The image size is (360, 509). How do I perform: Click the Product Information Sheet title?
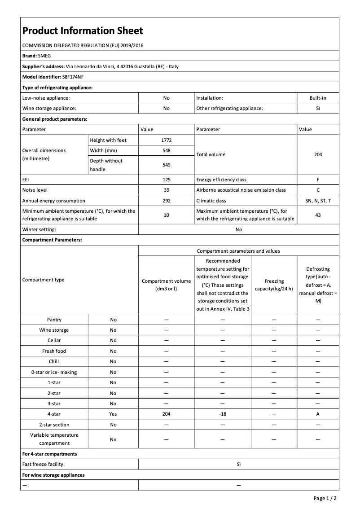pyautogui.click(x=83, y=31)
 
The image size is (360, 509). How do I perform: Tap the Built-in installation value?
pyautogui.click(x=318, y=98)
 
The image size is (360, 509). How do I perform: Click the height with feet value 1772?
pyautogui.click(x=166, y=140)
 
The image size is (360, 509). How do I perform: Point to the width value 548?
pyautogui.click(x=166, y=150)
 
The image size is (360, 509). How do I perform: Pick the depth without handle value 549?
pyautogui.click(x=166, y=165)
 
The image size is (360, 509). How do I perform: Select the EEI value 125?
pyautogui.click(x=166, y=180)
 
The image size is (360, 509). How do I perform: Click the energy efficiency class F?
pyautogui.click(x=318, y=180)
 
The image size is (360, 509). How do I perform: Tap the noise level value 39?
pyautogui.click(x=166, y=190)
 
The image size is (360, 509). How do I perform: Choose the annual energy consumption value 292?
pyautogui.click(x=166, y=201)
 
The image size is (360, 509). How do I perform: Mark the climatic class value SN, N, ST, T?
pyautogui.click(x=318, y=201)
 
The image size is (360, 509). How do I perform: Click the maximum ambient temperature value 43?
pyautogui.click(x=318, y=215)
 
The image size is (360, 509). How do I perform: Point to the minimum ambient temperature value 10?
pyautogui.click(x=166, y=215)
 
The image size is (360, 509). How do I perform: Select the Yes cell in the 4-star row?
pyautogui.click(x=113, y=414)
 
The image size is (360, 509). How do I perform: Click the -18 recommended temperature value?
pyautogui.click(x=222, y=414)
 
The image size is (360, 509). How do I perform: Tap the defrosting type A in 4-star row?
pyautogui.click(x=318, y=414)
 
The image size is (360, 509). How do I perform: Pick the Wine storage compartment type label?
pyautogui.click(x=54, y=330)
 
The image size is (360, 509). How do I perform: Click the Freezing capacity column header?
pyautogui.click(x=274, y=285)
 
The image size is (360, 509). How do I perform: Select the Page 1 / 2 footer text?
pyautogui.click(x=325, y=498)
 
